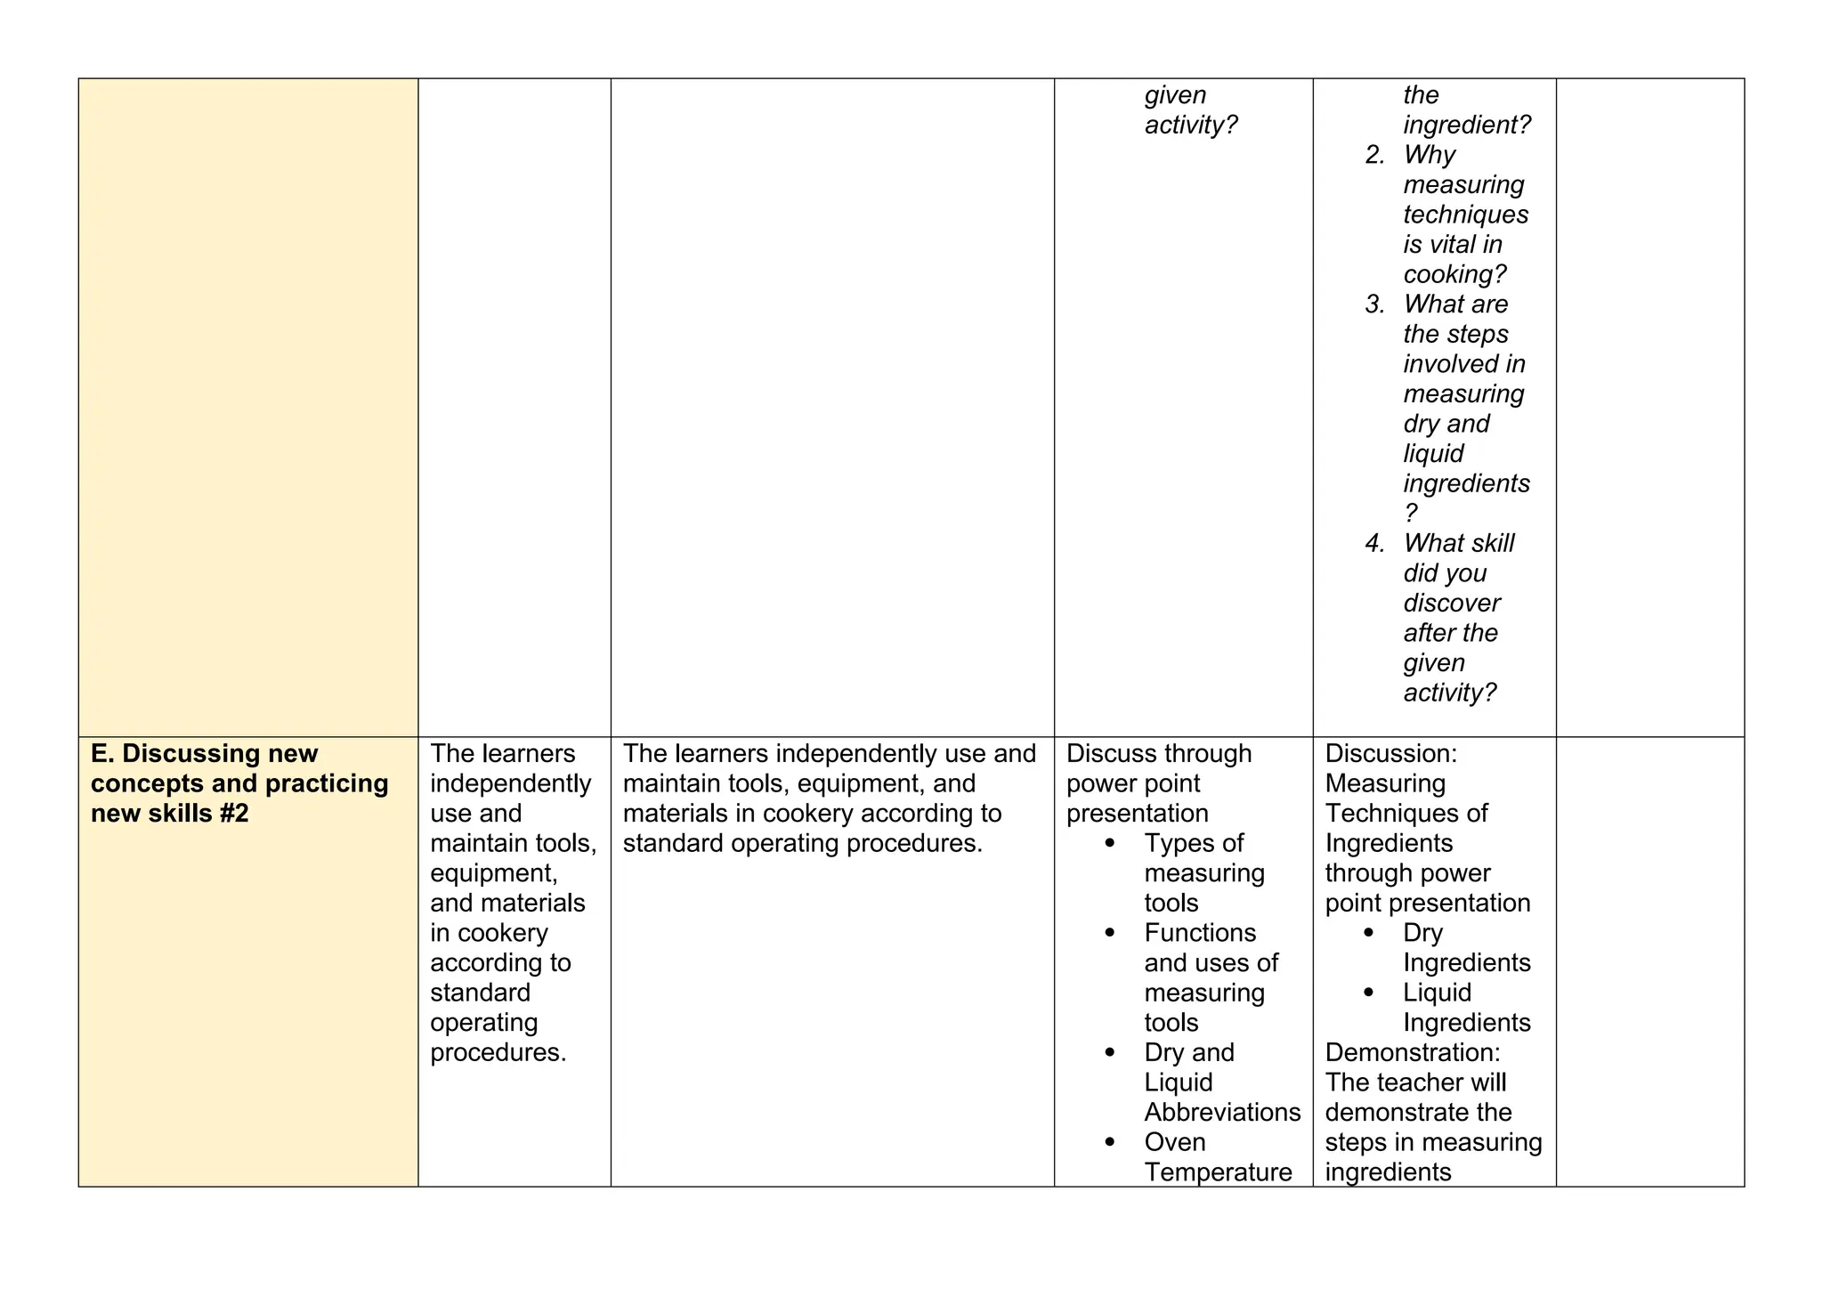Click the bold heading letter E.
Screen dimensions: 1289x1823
tap(101, 754)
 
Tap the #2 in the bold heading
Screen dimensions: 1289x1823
tap(231, 814)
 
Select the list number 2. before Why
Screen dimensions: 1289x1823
tap(1374, 155)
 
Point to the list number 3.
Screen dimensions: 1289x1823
tap(1374, 304)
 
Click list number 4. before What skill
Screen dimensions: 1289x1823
tap(1374, 544)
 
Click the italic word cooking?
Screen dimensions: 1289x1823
tap(1454, 274)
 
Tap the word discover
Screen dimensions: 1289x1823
tap(1451, 604)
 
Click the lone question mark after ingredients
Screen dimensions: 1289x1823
tap(1410, 514)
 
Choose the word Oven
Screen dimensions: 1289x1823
tap(1175, 1142)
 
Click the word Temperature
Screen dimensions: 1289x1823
tap(1218, 1172)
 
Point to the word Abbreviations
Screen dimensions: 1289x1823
tap(1222, 1113)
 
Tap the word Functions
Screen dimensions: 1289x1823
tap(1200, 933)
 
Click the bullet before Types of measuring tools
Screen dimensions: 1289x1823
tap(1109, 843)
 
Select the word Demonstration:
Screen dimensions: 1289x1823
tap(1412, 1053)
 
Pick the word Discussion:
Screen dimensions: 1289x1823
tap(1390, 754)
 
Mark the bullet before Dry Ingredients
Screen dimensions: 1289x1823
tap(1368, 933)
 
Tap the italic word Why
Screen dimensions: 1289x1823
tap(1429, 155)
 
